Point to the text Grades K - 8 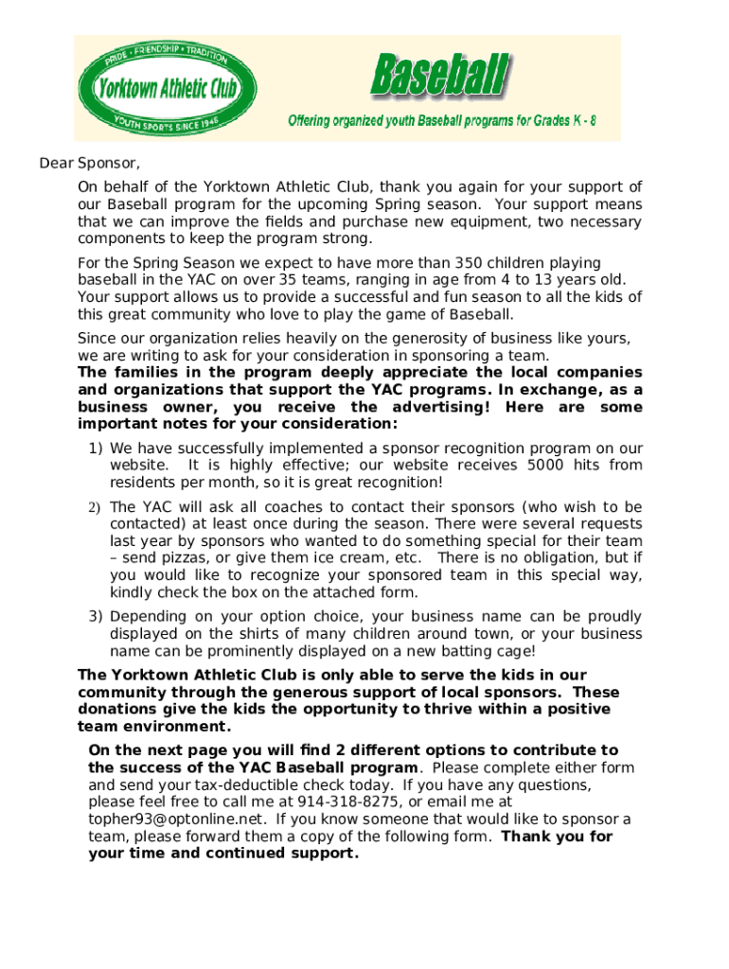coord(558,121)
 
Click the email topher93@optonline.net coord(174,819)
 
